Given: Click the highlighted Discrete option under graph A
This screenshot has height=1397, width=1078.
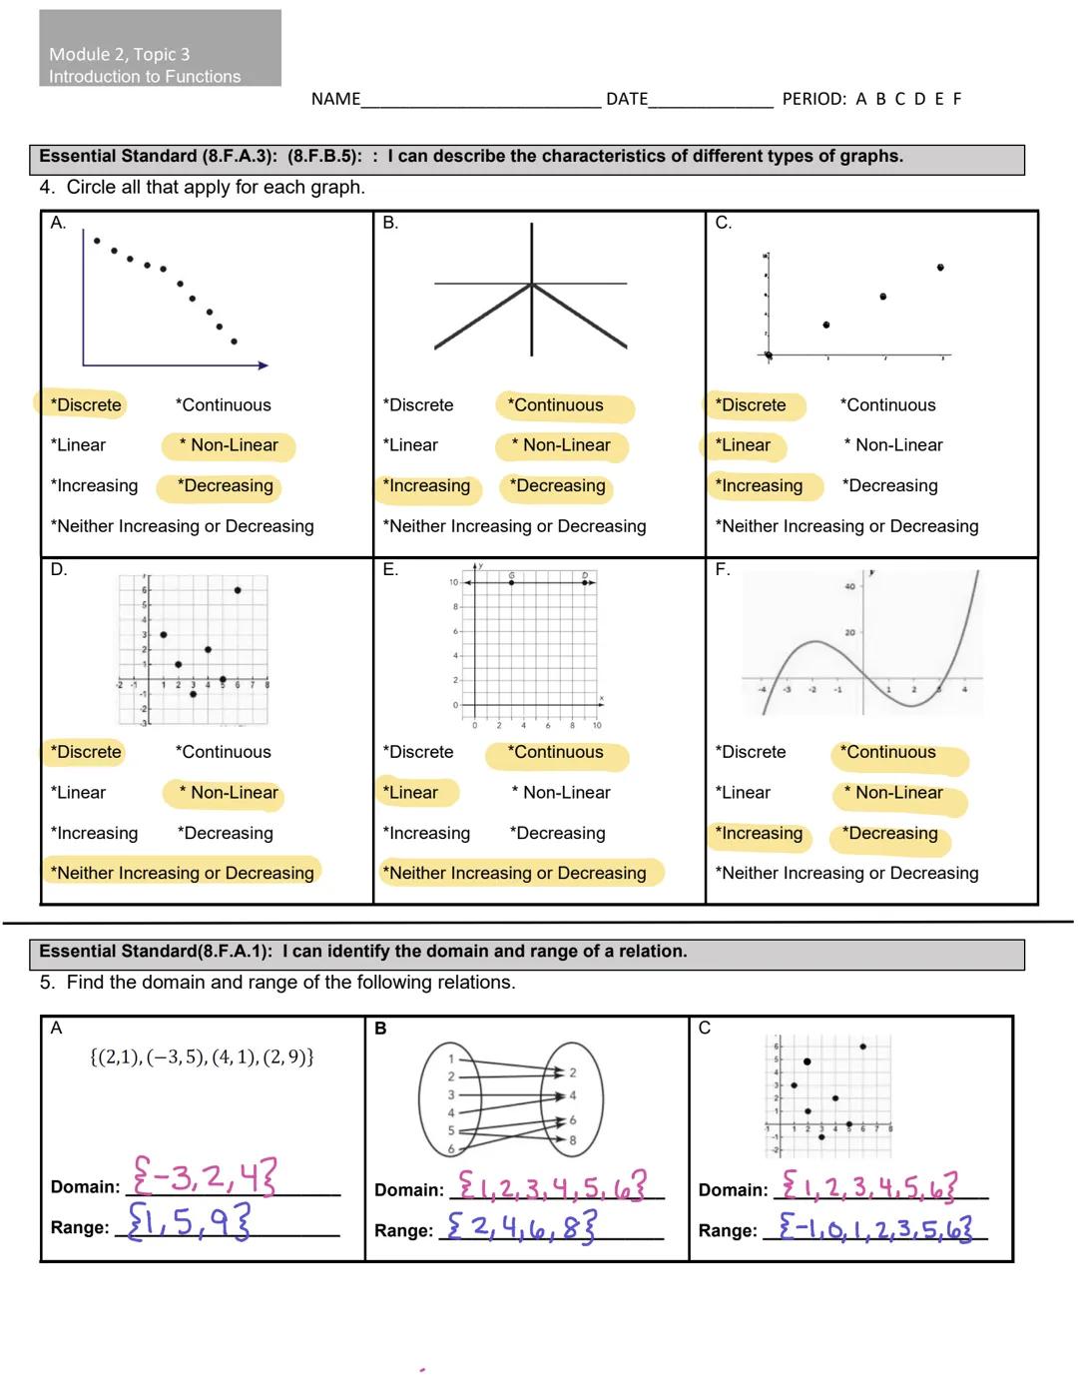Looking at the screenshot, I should tap(88, 405).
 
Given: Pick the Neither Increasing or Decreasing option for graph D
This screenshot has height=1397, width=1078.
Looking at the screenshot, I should tap(182, 873).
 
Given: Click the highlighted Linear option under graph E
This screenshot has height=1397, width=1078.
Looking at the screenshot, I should tap(413, 793).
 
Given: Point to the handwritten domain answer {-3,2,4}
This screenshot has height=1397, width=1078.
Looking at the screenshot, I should tap(205, 1177).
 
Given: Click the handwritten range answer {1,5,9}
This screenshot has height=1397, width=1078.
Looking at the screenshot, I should tap(190, 1220).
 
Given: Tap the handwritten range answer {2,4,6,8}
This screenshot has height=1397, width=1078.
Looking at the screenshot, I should tap(521, 1225).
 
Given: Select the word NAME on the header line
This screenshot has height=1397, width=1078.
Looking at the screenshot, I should tap(335, 99).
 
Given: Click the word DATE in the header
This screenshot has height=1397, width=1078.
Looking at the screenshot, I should tap(627, 99).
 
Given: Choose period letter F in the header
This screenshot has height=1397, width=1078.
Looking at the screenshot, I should tap(957, 99).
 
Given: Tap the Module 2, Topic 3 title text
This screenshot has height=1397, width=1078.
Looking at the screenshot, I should tap(120, 54).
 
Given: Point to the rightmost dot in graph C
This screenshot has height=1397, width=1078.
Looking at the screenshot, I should tap(940, 268).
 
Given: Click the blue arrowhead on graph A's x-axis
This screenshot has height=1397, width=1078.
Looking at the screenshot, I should tap(264, 365).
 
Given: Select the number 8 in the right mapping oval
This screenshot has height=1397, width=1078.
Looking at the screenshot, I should tap(573, 1139).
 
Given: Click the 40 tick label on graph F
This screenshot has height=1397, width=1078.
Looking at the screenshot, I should tap(849, 586).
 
